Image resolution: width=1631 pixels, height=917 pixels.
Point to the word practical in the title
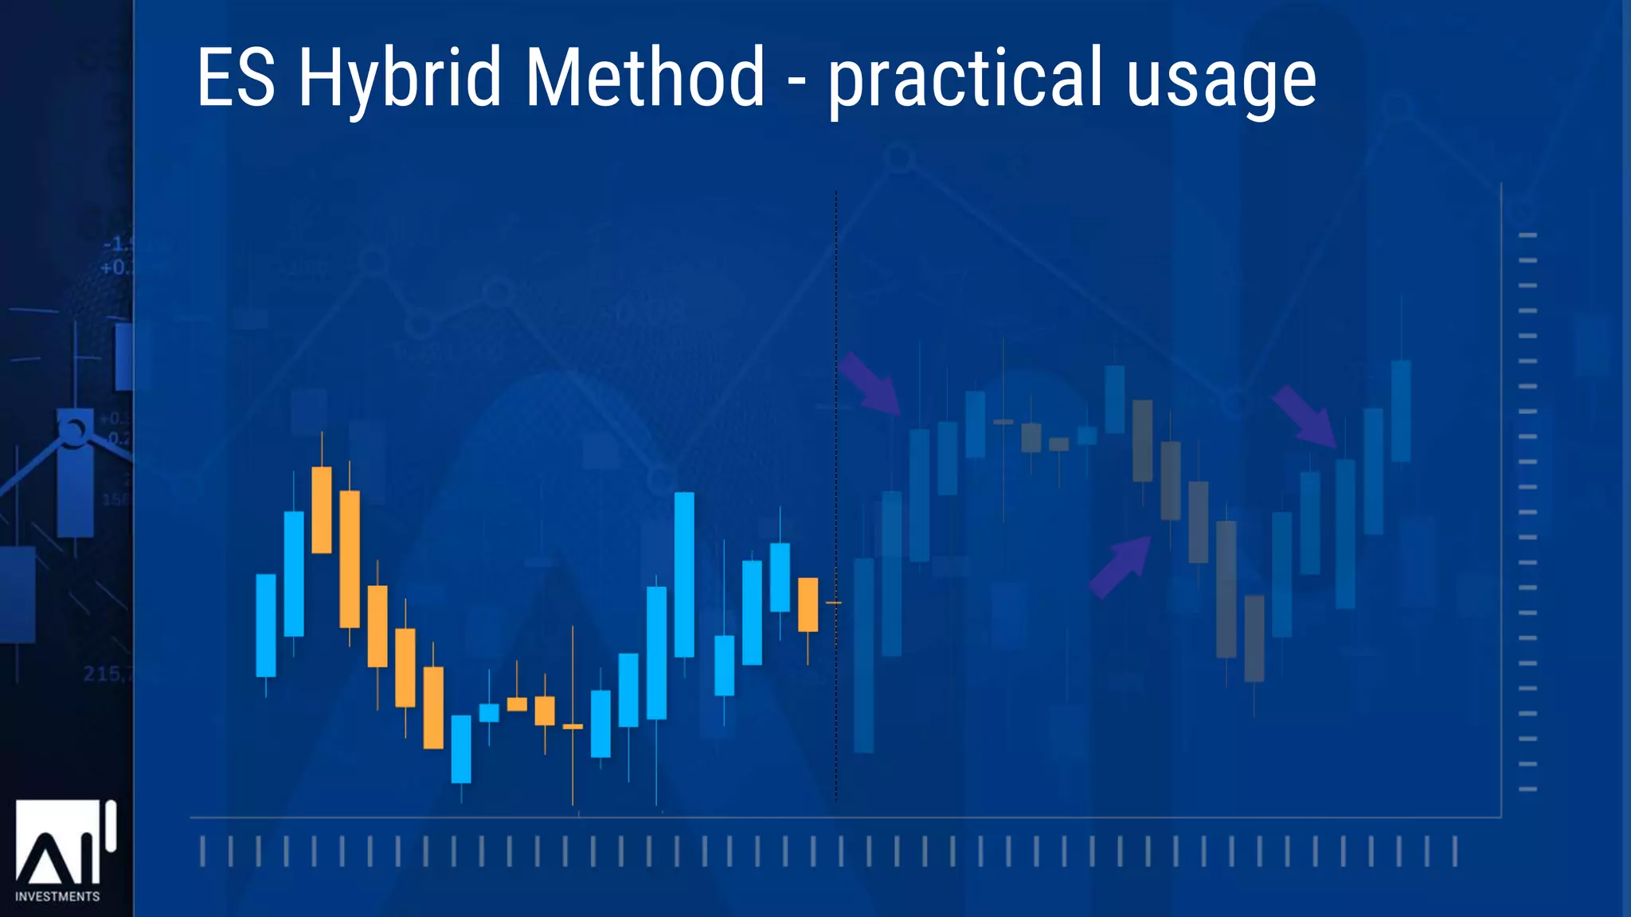966,78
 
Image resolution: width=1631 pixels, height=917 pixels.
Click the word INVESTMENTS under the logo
57,896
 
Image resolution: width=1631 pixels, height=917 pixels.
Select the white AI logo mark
64,844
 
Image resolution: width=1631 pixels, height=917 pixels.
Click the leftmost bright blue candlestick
266,626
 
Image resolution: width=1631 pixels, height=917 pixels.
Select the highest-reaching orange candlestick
322,509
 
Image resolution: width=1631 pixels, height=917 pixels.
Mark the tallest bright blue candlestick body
684,575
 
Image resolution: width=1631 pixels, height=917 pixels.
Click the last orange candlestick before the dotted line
808,605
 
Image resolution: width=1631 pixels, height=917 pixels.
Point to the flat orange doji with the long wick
573,726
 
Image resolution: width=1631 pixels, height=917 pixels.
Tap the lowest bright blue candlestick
461,748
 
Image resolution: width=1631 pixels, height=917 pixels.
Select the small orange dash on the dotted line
833,603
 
